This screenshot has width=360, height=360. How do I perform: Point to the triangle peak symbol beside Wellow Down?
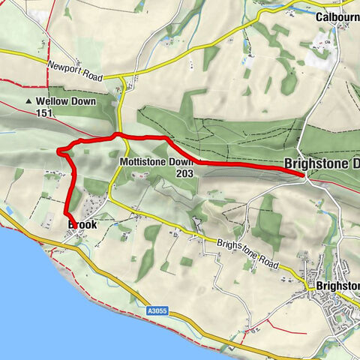click(29, 100)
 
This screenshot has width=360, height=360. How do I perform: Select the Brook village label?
click(82, 224)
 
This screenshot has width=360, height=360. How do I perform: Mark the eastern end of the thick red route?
click(303, 175)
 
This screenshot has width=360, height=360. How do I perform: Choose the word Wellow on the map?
click(52, 100)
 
